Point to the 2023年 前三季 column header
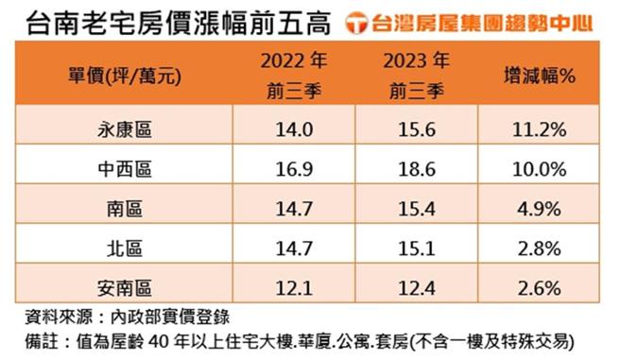[416, 75]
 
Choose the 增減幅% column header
[538, 75]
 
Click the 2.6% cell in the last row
[538, 284]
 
